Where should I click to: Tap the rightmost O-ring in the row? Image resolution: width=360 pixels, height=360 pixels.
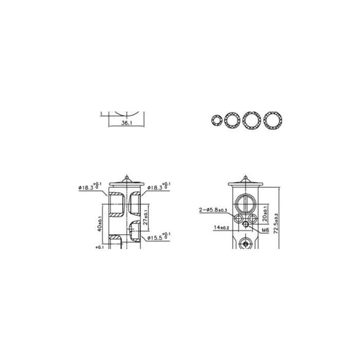[272, 120]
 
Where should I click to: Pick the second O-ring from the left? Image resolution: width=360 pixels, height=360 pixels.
[232, 120]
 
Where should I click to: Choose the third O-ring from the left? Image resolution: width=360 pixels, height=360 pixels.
[251, 120]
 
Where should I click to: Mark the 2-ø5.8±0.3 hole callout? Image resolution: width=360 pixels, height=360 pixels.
[214, 210]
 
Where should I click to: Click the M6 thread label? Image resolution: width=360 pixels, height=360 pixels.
[265, 231]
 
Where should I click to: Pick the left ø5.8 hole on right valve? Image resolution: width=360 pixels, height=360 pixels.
[239, 219]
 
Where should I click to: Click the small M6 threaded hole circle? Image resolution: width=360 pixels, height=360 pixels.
[247, 224]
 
